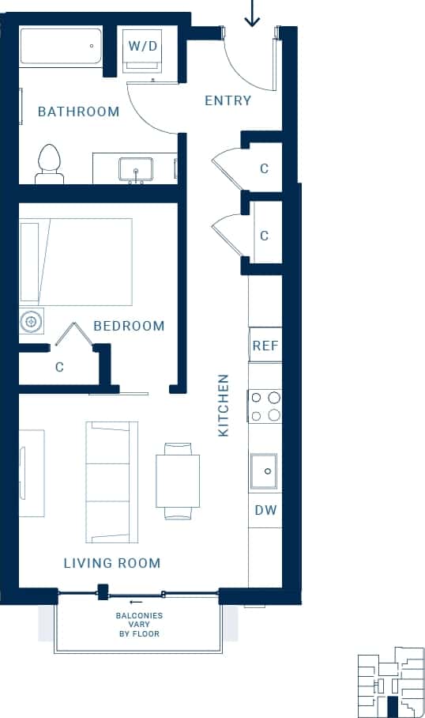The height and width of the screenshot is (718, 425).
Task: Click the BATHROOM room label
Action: [x=79, y=111]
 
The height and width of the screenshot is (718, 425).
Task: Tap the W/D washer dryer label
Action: [x=143, y=47]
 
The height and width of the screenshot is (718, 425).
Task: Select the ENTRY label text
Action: [x=228, y=100]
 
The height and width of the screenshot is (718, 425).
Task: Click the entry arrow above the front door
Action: [x=252, y=14]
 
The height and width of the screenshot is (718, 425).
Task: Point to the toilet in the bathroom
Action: [x=50, y=164]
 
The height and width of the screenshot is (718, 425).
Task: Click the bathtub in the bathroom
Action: [x=61, y=47]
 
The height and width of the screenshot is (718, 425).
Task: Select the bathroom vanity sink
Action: [x=136, y=169]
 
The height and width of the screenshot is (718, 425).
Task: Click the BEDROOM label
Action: [x=129, y=326]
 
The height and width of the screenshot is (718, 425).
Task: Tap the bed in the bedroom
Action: [x=76, y=262]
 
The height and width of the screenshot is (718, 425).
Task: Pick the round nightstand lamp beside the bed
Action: [x=32, y=322]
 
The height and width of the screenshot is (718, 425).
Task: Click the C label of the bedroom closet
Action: [x=59, y=367]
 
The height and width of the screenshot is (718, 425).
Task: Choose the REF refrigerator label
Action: [x=265, y=346]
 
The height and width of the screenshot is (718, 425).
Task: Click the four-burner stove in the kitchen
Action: [x=265, y=406]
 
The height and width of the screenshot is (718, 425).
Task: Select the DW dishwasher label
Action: [x=265, y=510]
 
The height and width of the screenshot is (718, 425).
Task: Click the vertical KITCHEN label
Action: [x=224, y=406]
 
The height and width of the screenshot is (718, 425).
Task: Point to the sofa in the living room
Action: [x=111, y=482]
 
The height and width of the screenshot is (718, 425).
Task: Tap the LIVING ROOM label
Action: [x=112, y=563]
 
